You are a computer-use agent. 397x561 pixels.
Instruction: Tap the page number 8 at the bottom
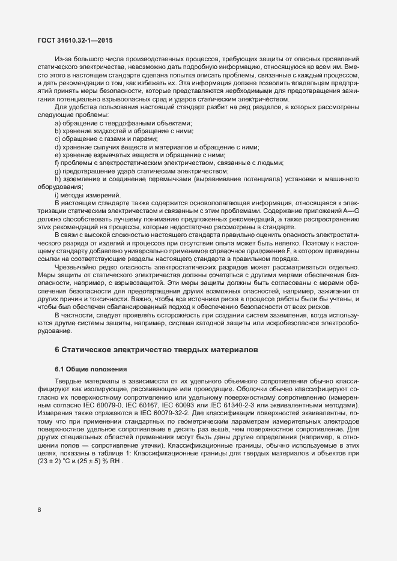pyautogui.click(x=40, y=510)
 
